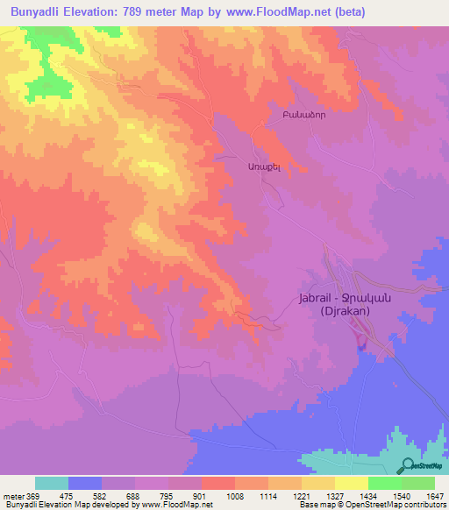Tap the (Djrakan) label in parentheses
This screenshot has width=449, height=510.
click(x=344, y=311)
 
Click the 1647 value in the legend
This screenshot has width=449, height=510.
click(x=434, y=495)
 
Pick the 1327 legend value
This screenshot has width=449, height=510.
click(x=334, y=495)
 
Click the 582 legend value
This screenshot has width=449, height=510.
click(x=101, y=495)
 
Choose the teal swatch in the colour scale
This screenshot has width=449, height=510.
click(x=51, y=483)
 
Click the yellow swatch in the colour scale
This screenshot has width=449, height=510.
click(x=351, y=483)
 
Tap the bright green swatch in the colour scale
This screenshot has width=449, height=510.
click(x=384, y=483)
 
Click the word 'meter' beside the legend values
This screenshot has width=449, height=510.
click(x=12, y=495)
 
